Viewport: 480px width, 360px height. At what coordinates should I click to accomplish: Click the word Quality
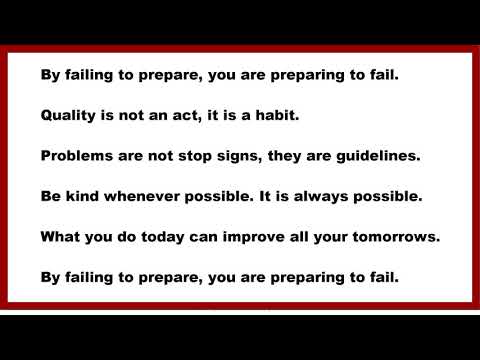pos(71,115)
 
